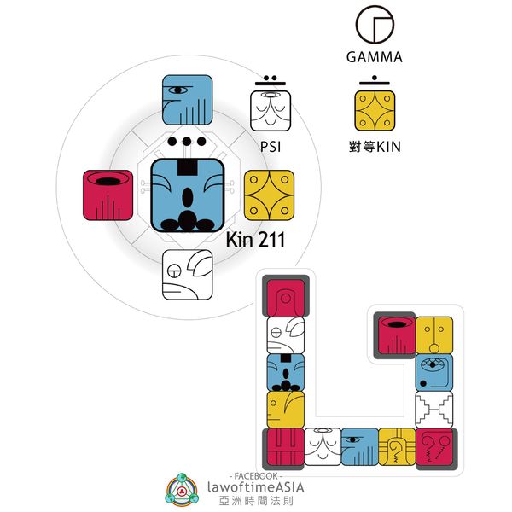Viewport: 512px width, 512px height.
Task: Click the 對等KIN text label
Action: coord(375,147)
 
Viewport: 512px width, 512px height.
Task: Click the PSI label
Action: coord(271,147)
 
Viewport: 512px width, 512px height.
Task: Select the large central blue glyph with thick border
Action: coord(188,195)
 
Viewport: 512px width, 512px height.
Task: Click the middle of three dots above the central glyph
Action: coord(188,142)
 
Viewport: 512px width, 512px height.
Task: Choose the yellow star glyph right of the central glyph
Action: coord(269,195)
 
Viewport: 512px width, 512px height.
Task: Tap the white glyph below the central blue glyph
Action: coord(188,275)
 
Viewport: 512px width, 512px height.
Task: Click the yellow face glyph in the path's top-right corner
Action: coord(433,335)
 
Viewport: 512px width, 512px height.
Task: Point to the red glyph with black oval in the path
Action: coord(396,335)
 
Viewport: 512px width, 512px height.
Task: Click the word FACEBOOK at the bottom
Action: coord(256,474)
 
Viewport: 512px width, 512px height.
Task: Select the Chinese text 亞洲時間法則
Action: coord(256,503)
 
